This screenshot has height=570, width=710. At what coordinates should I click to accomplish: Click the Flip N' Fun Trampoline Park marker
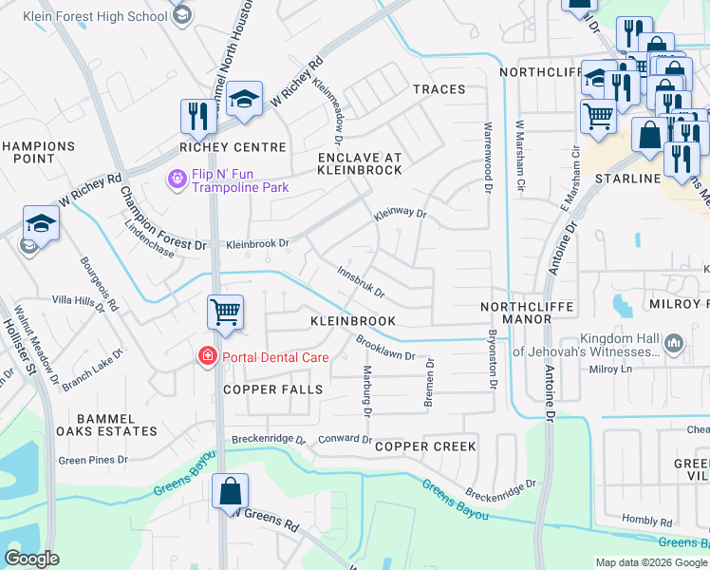point(176,179)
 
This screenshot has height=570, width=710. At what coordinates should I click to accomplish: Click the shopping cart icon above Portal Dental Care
point(225,311)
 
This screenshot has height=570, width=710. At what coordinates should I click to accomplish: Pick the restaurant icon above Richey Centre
point(198,116)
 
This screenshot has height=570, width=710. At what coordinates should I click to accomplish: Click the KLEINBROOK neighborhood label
point(353,322)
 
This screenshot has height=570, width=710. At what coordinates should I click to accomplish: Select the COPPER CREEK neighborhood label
point(424,446)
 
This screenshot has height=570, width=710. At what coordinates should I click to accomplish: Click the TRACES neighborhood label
point(439,89)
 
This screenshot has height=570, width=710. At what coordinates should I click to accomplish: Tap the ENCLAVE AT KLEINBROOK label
point(360,163)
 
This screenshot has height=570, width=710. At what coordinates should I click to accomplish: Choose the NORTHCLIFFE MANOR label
point(515,313)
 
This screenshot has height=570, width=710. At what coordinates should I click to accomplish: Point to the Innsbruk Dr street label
point(361,280)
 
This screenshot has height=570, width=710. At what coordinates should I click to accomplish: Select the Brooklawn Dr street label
point(386,348)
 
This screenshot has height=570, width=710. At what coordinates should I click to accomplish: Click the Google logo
point(31,560)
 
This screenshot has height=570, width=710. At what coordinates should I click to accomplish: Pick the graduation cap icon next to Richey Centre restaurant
point(244,100)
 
